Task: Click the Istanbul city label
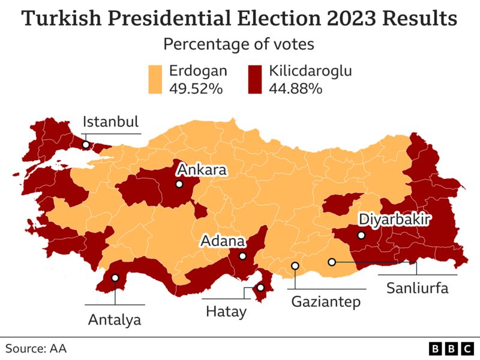[x=110, y=122]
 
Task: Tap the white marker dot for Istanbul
[x=86, y=145]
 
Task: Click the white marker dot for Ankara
[x=179, y=184]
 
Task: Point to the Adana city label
[x=223, y=241]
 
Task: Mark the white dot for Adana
[x=242, y=256]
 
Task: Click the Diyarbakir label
[x=394, y=220]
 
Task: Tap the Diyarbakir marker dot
[x=361, y=235]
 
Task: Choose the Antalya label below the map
[x=115, y=319]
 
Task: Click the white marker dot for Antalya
[x=115, y=278]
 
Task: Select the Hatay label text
[x=226, y=312]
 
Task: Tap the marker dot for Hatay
[x=260, y=288]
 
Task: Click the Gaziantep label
[x=326, y=301]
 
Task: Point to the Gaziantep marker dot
[x=295, y=266]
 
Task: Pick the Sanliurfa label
[x=417, y=288]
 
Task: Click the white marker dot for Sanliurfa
[x=332, y=262]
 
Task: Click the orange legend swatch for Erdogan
[x=156, y=79]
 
